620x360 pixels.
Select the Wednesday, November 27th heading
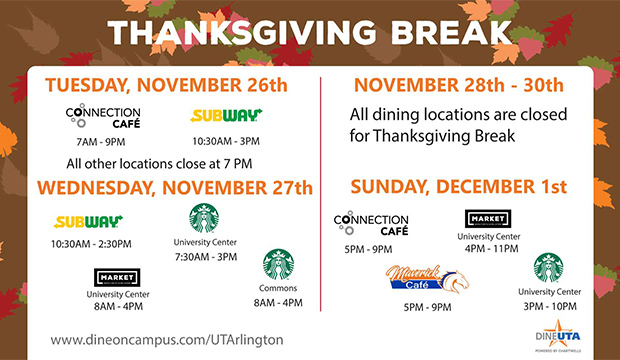pos(176,188)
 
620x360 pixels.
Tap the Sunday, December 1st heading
pos(460,186)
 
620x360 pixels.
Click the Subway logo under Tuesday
pos(226,115)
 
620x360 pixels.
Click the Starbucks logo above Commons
pos(278,264)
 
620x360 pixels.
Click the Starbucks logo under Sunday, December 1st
pos(549,267)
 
